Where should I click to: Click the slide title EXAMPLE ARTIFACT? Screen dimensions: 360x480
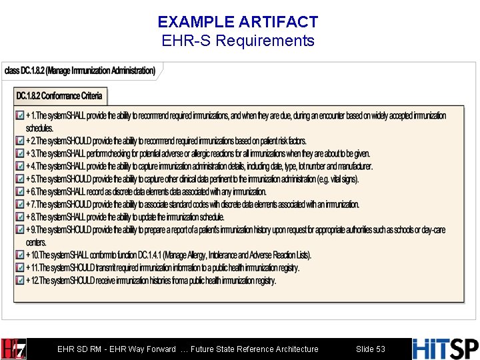238,22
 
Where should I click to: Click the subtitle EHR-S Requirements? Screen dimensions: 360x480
238,41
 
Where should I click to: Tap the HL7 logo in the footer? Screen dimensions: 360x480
13,349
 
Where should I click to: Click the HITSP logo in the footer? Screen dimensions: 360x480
445,349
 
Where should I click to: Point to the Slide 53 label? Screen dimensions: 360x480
371,349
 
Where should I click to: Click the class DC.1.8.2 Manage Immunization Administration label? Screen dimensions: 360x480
80,70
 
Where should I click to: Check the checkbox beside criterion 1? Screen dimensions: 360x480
20,115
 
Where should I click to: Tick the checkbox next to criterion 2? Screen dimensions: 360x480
20,141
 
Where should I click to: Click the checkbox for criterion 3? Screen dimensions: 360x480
20,153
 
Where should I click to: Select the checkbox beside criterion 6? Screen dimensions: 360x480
20,192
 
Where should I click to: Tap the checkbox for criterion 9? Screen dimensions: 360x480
20,230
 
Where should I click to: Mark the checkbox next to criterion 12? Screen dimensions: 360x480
20,281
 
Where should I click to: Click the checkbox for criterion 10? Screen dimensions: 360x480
20,255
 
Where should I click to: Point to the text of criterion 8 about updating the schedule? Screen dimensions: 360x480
127,217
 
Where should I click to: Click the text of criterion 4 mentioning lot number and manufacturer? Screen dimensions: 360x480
200,167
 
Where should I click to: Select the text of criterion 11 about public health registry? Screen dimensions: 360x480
163,268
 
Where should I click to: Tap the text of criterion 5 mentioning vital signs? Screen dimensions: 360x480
193,179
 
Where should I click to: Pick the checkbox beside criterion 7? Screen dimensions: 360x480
20,205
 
